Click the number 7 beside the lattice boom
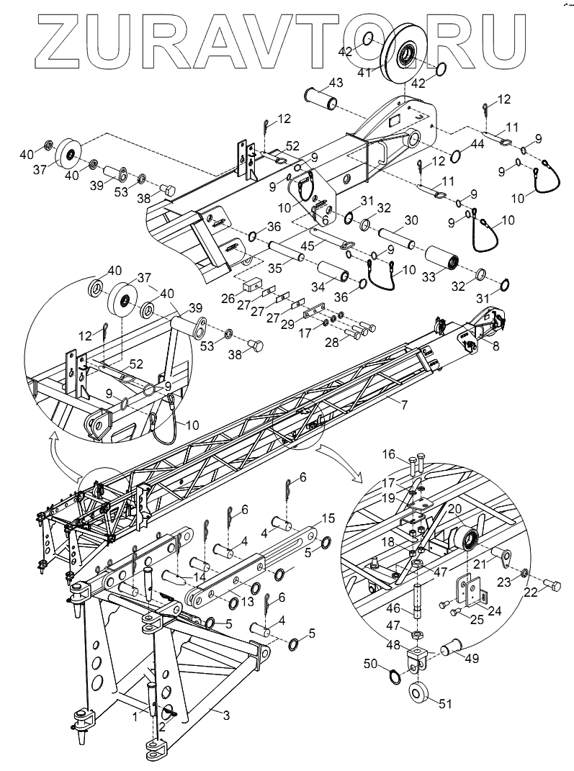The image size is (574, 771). click(405, 405)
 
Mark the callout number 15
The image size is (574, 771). click(328, 518)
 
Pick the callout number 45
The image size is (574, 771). click(326, 247)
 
